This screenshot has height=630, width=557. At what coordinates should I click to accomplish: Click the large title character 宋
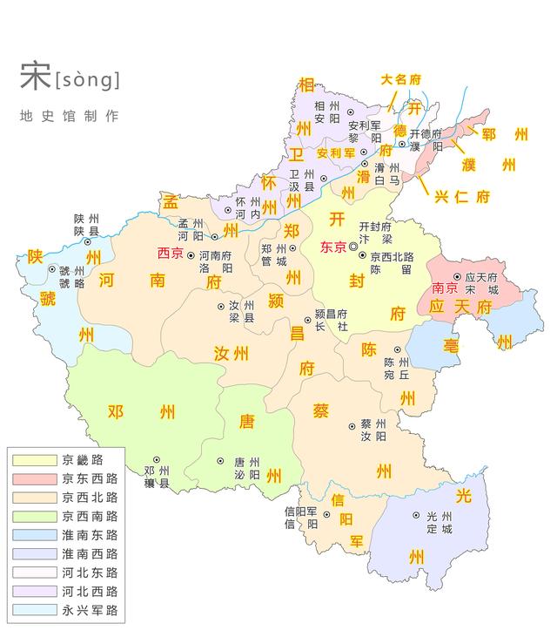[35, 78]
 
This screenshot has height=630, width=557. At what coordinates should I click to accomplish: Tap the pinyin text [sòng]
[87, 80]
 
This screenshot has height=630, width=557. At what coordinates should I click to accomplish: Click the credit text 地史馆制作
[69, 116]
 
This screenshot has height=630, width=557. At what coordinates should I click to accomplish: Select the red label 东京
[333, 247]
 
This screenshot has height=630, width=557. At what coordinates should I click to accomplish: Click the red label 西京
[170, 254]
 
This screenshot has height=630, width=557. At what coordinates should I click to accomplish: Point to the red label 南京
[445, 288]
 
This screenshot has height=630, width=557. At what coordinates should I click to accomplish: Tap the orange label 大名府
[401, 79]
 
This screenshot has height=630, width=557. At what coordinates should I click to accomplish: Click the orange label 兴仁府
[462, 196]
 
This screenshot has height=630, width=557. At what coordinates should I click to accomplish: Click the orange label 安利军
[336, 152]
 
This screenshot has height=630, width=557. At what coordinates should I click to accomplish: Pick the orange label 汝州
[232, 353]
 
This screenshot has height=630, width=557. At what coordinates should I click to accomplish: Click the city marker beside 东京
[353, 247]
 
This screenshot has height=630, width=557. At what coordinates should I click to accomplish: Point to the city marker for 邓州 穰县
[156, 459]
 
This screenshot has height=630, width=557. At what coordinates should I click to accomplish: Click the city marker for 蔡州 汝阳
[352, 426]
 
